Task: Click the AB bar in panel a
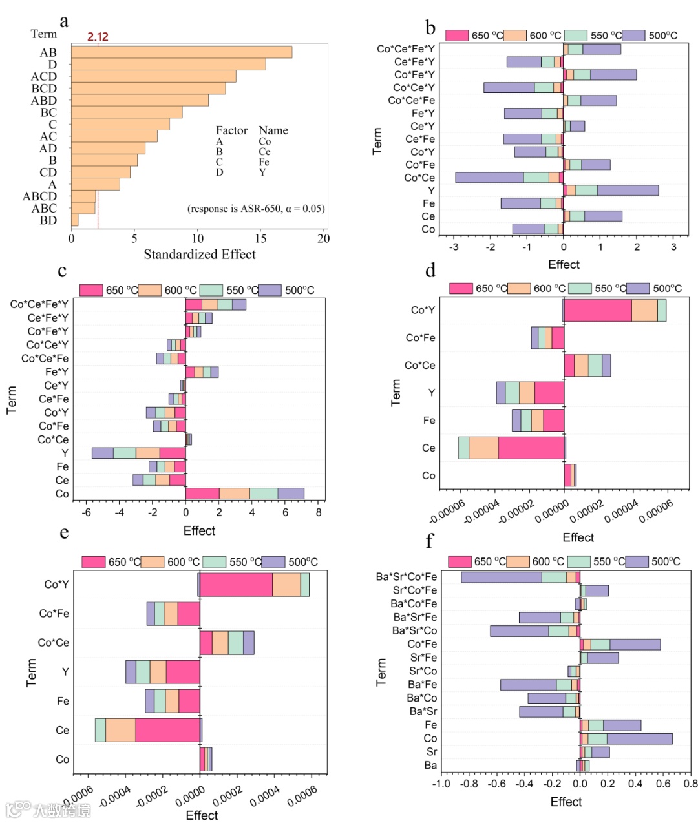tap(181, 52)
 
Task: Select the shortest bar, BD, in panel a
tap(75, 220)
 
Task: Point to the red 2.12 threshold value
tap(98, 37)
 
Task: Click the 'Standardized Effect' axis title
tap(199, 255)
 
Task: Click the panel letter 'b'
tap(430, 28)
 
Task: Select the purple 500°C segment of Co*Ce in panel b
tap(489, 178)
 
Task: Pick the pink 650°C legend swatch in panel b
tap(457, 35)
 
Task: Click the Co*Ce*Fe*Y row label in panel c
tap(39, 304)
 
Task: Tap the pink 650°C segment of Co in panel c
tap(202, 494)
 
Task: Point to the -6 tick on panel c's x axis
tap(87, 513)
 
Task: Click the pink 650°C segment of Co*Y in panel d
tap(597, 310)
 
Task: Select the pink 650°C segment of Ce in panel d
tap(531, 448)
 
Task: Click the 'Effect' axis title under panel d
tap(578, 537)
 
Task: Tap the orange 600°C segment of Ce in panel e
tap(120, 730)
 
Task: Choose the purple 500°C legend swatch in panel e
tap(274, 562)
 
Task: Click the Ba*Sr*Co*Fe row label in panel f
tap(406, 577)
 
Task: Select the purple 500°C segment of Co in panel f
tap(639, 738)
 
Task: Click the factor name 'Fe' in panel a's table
tap(264, 162)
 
